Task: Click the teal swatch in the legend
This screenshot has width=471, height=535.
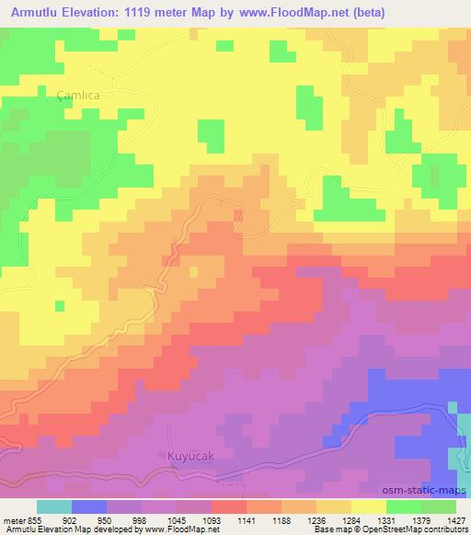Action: coord(54,507)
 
